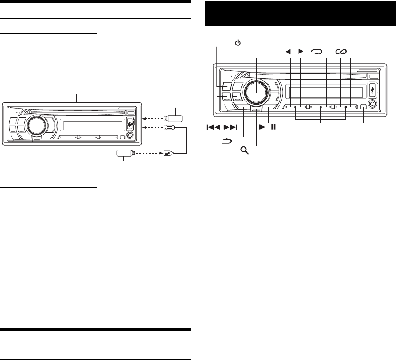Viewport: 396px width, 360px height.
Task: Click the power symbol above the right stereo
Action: point(238,43)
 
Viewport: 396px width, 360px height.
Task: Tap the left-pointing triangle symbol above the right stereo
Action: point(289,52)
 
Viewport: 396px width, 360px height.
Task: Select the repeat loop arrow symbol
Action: point(317,52)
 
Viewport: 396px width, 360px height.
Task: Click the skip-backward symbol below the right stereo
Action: point(213,127)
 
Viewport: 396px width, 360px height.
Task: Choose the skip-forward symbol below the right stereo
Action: point(230,127)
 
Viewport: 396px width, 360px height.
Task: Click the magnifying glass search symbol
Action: point(244,150)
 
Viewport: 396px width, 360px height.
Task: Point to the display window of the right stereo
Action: point(326,92)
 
